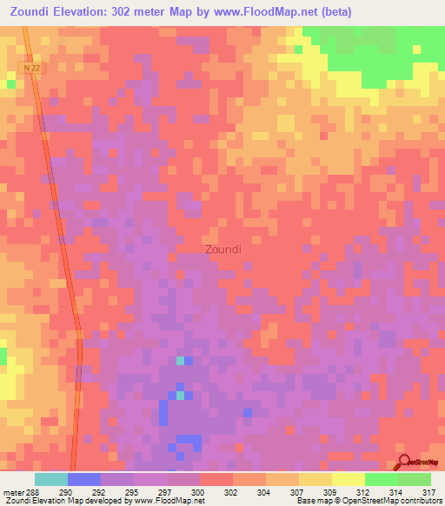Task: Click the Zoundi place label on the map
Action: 222,250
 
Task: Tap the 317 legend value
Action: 426,491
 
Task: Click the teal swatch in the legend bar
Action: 51,479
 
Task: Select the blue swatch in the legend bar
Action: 84,479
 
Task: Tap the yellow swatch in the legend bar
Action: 348,479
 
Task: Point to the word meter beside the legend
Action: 12,491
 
